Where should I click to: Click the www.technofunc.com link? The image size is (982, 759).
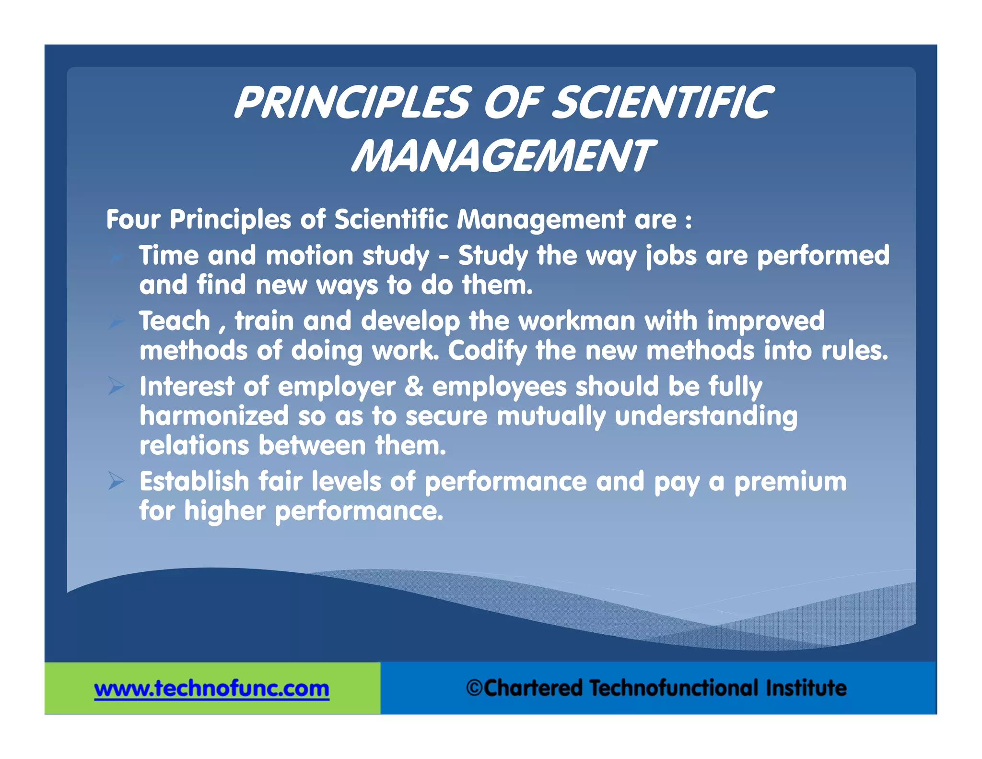point(211,688)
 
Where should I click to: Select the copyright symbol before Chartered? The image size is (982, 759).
point(474,688)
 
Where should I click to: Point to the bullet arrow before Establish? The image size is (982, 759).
point(116,481)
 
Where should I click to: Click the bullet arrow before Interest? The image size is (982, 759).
point(116,386)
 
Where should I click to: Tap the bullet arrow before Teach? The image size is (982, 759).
point(116,320)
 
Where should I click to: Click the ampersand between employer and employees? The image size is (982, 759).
point(414,387)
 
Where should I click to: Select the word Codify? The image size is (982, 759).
point(487,351)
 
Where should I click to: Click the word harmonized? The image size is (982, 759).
point(214,416)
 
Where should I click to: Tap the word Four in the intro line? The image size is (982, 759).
point(133,220)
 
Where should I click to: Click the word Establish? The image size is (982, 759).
point(194,481)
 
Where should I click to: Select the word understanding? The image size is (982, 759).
point(706,416)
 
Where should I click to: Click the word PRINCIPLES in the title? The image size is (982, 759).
point(352,102)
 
